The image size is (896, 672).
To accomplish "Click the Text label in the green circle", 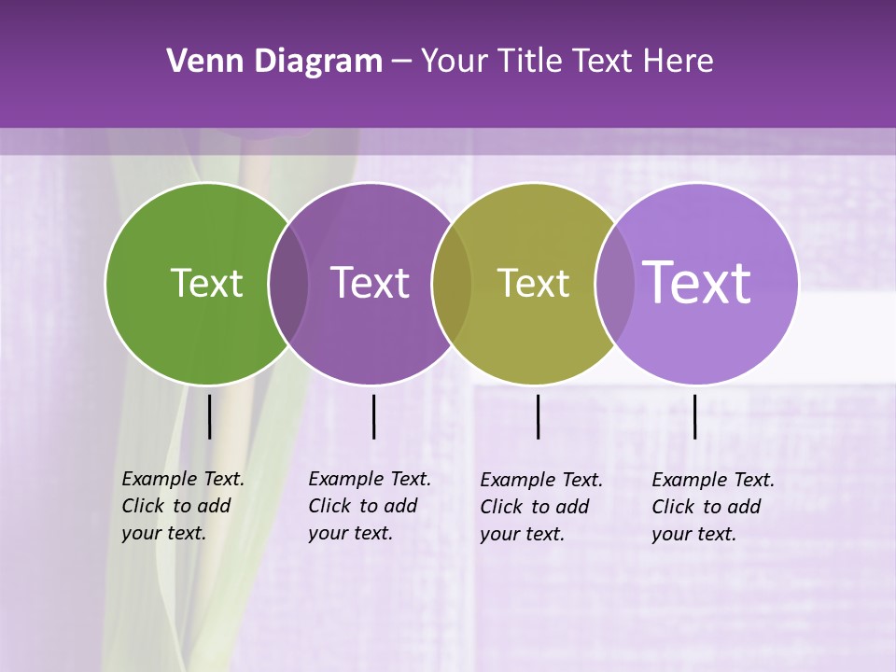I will (206, 283).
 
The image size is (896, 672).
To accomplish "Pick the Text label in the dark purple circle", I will (371, 283).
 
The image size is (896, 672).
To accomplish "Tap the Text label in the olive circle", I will (533, 283).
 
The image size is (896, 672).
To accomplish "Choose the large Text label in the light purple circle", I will (697, 282).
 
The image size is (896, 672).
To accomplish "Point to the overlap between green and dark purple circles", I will (288, 284).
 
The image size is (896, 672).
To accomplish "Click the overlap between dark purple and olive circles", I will (452, 284).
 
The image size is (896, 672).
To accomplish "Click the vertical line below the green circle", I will (209, 416).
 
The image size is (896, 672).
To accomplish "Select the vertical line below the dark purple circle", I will (373, 416).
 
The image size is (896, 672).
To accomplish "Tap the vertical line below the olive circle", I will (538, 416).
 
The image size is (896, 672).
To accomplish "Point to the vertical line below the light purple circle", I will (694, 416).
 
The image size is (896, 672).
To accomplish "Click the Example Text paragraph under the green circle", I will (183, 506).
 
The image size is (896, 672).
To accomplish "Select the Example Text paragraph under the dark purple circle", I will (370, 506).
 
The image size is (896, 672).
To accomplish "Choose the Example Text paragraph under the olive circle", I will (541, 507).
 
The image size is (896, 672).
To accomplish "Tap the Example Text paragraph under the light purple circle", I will (713, 507).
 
